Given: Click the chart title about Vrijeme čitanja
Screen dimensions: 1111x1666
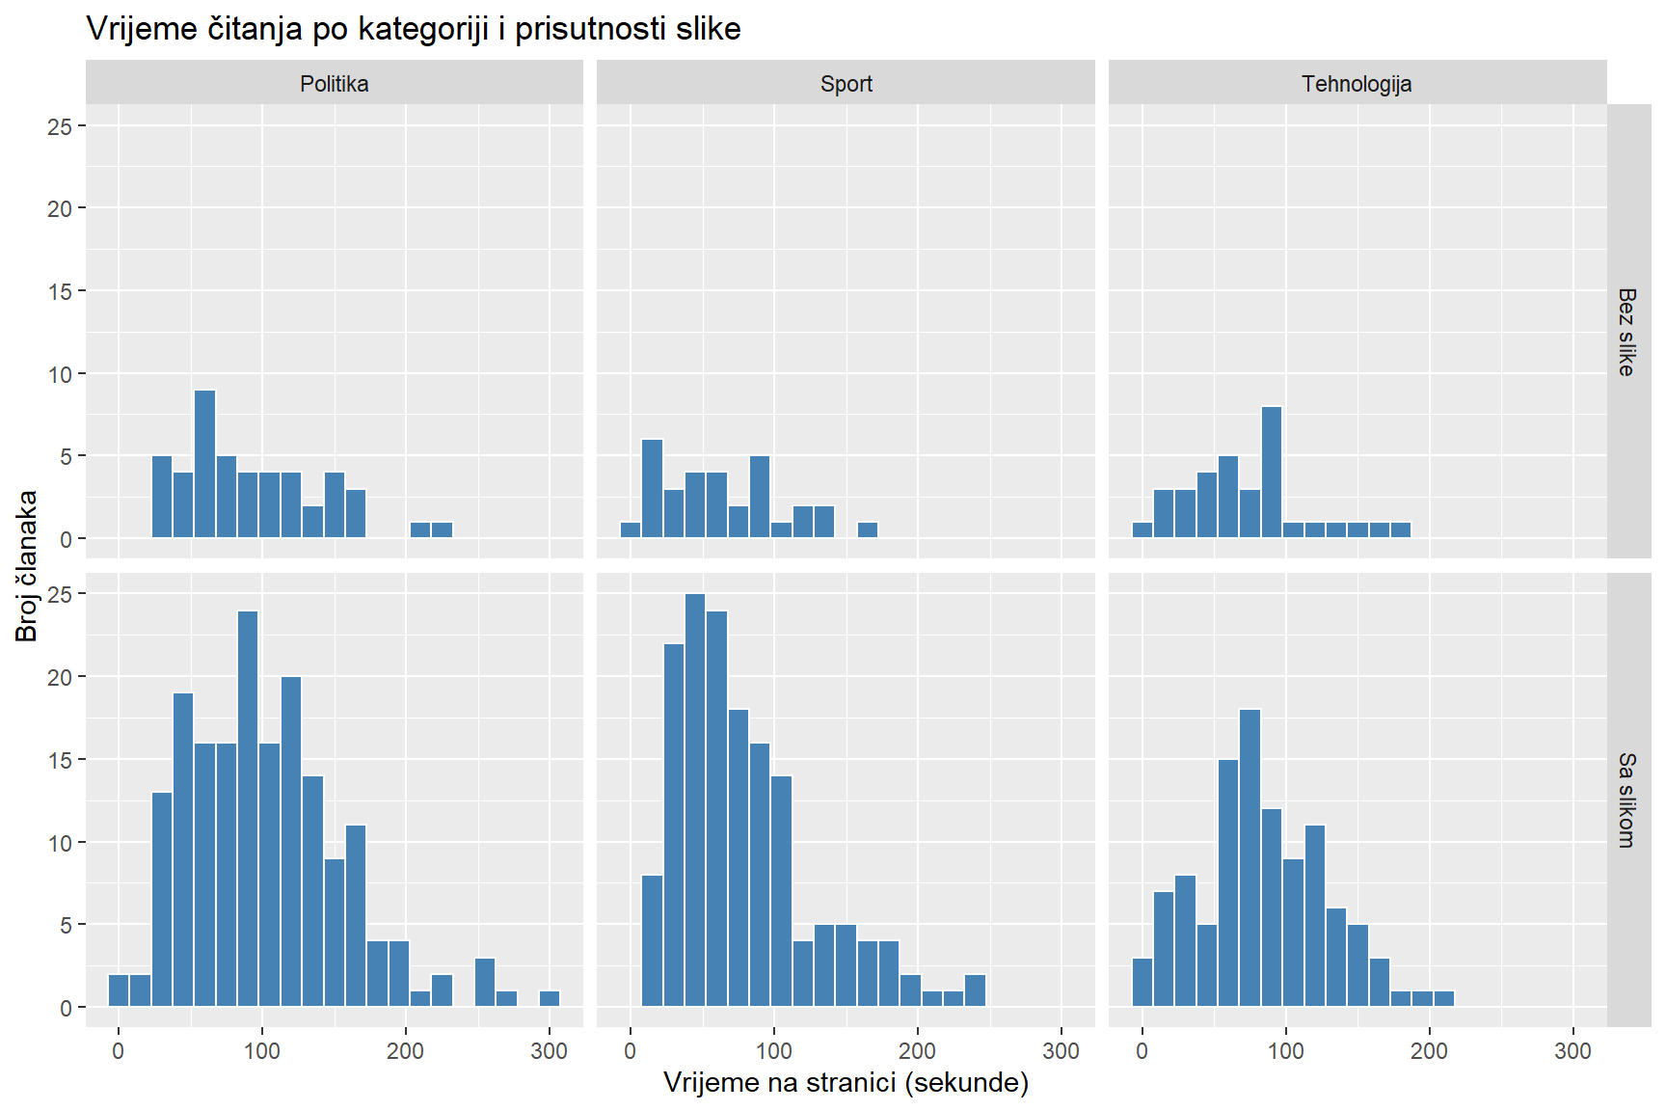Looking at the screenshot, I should click(x=414, y=29).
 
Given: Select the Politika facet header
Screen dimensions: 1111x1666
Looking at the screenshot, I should click(x=334, y=84).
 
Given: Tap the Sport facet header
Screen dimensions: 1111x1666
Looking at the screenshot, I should click(x=846, y=84).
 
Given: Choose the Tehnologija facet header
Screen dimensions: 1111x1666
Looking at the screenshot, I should click(x=1357, y=84).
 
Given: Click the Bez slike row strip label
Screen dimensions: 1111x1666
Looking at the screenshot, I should click(x=1626, y=331).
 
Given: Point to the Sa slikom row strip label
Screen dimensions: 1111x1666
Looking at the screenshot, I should click(x=1626, y=799).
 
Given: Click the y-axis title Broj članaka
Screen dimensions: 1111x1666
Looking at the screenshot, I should click(x=26, y=565).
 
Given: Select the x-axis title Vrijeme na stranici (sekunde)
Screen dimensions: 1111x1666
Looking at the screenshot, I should click(x=846, y=1082).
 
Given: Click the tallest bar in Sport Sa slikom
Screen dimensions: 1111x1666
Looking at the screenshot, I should click(x=695, y=799).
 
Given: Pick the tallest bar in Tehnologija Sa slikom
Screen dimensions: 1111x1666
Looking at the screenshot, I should click(x=1249, y=857).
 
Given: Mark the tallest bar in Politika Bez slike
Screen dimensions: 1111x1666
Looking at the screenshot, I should click(x=204, y=464).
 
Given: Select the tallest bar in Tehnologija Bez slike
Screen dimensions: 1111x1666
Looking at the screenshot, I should click(x=1272, y=472).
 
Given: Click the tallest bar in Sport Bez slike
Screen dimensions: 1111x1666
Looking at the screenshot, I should click(x=652, y=488).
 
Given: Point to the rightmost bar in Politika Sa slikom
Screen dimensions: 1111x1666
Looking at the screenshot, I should click(x=550, y=999).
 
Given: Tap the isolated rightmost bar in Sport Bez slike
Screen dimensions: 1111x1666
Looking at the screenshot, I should click(x=868, y=529).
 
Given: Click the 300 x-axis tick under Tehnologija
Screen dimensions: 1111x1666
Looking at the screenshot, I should click(x=1572, y=1051).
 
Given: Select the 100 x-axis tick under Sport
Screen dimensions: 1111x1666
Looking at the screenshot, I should click(x=773, y=1051).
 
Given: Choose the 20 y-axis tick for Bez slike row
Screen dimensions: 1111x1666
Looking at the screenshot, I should click(x=60, y=208).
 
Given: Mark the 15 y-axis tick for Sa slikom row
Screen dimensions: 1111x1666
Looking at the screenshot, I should click(x=60, y=760).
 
